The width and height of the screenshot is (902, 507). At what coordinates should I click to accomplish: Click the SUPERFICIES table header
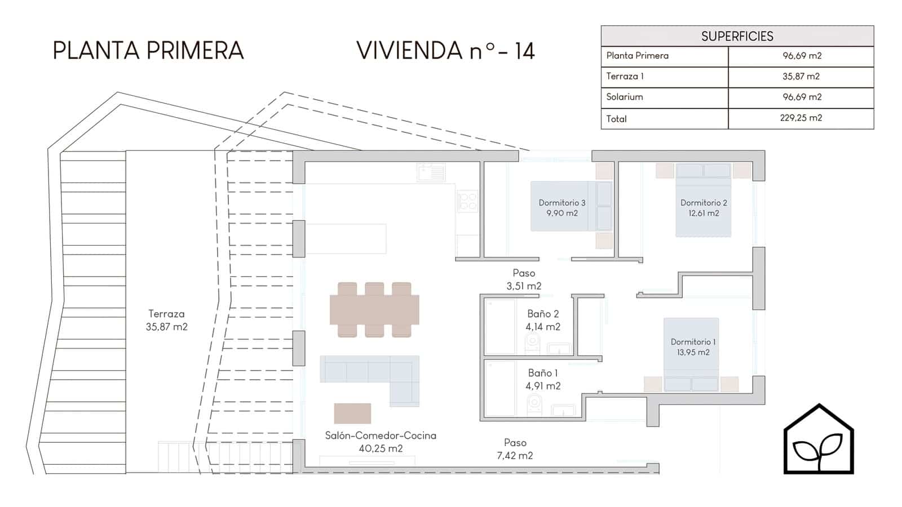(737, 36)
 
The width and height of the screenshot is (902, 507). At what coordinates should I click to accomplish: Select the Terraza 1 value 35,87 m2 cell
(801, 77)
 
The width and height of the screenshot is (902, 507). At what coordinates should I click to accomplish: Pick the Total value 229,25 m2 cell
(801, 118)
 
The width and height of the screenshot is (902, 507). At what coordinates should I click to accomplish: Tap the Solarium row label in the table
(625, 97)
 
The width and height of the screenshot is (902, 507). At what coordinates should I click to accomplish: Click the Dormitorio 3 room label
(561, 208)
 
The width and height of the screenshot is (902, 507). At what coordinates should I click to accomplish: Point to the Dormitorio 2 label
(704, 208)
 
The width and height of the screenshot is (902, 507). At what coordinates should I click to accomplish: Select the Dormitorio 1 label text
(693, 347)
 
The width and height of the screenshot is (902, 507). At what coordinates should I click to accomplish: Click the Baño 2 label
(543, 321)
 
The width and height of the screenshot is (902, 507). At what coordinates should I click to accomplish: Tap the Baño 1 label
(543, 380)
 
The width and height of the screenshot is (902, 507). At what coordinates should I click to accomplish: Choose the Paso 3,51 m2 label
(524, 279)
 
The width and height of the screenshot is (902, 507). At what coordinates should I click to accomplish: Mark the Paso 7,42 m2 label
(515, 449)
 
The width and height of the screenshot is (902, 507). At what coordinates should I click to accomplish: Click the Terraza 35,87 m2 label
(167, 321)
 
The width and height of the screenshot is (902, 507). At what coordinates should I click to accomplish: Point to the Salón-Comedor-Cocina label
(381, 442)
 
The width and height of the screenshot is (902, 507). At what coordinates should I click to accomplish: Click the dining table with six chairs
(374, 309)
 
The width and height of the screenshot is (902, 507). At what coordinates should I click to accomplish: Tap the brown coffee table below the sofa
(352, 413)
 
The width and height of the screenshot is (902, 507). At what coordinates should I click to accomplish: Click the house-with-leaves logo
(819, 439)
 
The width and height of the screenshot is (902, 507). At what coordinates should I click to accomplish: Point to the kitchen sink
(431, 172)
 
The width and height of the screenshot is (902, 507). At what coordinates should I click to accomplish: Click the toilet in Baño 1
(534, 405)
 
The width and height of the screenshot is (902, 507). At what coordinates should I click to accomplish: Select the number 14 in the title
(524, 51)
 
